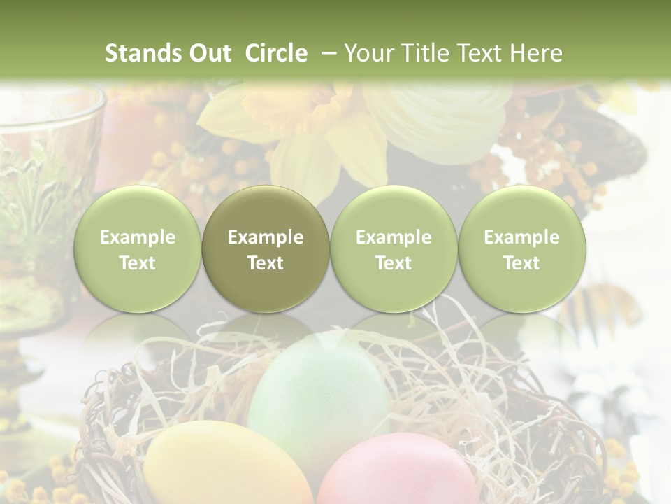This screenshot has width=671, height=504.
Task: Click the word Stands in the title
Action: click(x=143, y=53)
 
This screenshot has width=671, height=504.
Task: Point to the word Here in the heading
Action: click(x=536, y=53)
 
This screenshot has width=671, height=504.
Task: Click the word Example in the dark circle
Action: click(x=266, y=237)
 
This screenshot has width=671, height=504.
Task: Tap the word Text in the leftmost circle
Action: click(x=137, y=263)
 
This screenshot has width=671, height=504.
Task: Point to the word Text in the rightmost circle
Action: click(x=521, y=263)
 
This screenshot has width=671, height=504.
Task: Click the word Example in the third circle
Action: click(x=394, y=237)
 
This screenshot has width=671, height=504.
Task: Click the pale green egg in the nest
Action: click(x=318, y=399)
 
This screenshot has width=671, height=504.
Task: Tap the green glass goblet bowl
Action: click(x=42, y=182)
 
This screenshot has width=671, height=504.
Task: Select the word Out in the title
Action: click(x=210, y=53)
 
